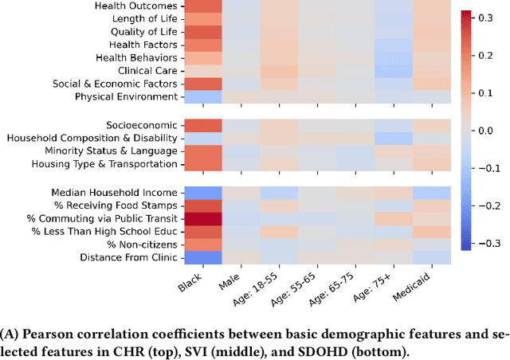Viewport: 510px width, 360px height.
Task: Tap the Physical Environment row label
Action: point(126,96)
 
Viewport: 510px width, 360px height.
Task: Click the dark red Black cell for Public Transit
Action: point(202,218)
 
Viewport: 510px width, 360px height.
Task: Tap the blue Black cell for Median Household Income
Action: point(202,192)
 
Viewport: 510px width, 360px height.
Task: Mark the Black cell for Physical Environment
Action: point(202,96)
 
